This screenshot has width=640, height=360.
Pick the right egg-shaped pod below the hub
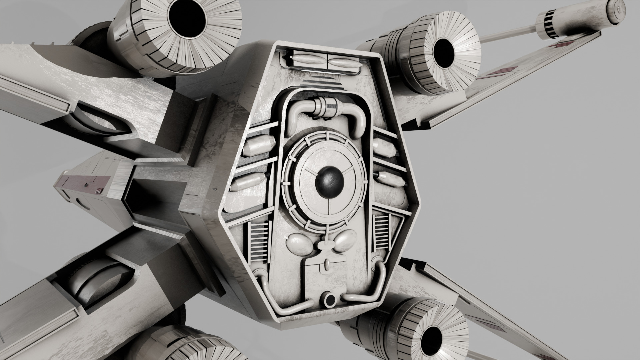point(345,241)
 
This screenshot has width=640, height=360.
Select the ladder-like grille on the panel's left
point(259,242)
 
